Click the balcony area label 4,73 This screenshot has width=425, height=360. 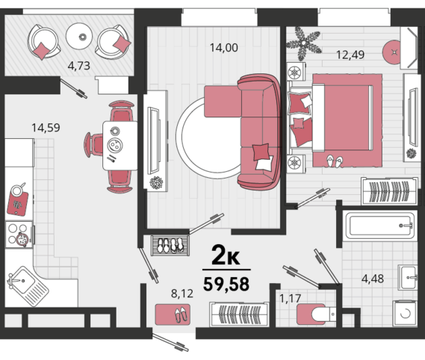[x=78, y=66]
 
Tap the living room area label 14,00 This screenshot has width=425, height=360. [x=224, y=48]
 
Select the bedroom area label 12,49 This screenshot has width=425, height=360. [x=350, y=55]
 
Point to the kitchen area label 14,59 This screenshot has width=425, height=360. [x=46, y=128]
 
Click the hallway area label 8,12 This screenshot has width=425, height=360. [x=182, y=294]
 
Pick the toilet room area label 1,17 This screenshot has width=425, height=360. [x=290, y=299]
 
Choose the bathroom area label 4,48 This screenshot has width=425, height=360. [x=373, y=279]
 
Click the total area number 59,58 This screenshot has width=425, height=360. [x=226, y=284]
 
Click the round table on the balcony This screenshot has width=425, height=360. [x=79, y=36]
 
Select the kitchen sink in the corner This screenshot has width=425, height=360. [x=28, y=286]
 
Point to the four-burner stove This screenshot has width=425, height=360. [x=19, y=235]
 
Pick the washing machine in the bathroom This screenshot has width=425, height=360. [x=404, y=314]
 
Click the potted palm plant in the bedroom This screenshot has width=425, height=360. [x=304, y=43]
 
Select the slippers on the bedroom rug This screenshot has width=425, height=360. [x=335, y=161]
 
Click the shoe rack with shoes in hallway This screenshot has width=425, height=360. [x=170, y=246]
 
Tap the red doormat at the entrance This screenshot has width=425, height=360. [x=173, y=314]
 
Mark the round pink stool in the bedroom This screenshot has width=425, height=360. [x=392, y=52]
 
